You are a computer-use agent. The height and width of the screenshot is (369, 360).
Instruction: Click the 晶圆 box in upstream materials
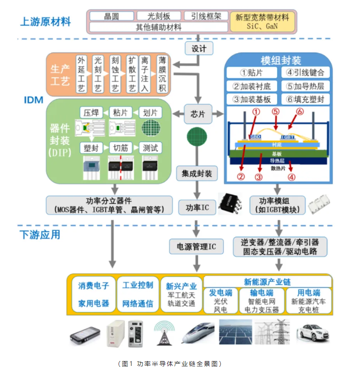click(x=111, y=16)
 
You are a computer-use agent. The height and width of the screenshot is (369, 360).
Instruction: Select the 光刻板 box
click(x=158, y=16)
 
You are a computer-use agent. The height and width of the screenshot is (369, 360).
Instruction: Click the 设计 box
click(x=199, y=48)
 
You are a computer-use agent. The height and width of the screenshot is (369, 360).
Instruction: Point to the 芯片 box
click(x=198, y=114)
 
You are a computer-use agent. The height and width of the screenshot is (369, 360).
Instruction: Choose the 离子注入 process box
click(x=144, y=74)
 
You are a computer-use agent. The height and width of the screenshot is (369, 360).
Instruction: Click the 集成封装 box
click(x=197, y=173)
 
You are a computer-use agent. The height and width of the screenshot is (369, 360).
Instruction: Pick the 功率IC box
click(x=197, y=207)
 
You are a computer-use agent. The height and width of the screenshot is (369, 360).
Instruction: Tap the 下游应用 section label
click(x=40, y=234)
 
